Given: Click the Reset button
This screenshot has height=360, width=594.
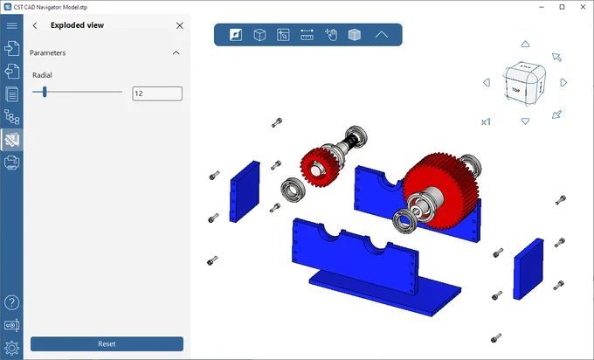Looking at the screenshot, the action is (107, 343).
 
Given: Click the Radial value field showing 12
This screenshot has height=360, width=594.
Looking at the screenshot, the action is (157, 93).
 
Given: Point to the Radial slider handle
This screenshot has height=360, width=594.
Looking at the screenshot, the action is (45, 92).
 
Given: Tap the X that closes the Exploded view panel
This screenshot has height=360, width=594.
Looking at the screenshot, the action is (180, 25).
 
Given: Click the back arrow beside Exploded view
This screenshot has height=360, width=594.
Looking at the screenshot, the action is (35, 25).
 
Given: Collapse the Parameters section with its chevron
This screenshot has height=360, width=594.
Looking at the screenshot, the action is (176, 52).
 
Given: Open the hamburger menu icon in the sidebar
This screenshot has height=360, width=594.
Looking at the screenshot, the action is (11, 25).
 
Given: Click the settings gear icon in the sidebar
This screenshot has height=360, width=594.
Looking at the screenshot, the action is (11, 348).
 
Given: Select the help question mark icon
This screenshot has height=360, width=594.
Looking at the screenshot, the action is (11, 302).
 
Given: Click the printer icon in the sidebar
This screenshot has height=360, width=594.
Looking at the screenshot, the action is (11, 163).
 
